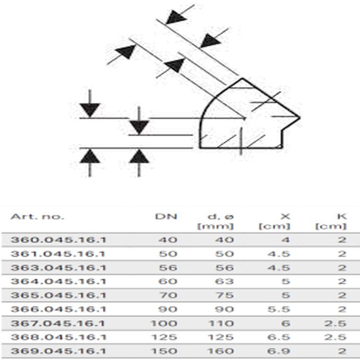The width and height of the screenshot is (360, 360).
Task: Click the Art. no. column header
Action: (37, 216)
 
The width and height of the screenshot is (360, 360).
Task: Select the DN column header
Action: (166, 216)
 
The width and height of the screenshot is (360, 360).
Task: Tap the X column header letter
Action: (285, 216)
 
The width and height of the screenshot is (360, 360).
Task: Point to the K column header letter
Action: (342, 216)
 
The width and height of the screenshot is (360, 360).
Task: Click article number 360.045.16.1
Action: (58, 240)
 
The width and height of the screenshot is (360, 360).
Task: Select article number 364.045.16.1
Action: (58, 281)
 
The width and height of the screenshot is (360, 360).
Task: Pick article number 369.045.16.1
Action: (58, 351)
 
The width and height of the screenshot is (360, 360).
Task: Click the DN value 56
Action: (168, 268)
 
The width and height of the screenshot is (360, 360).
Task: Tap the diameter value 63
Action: (225, 281)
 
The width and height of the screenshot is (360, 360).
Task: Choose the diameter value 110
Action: (221, 324)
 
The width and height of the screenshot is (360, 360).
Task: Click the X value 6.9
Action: (279, 351)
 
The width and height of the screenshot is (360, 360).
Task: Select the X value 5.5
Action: (279, 309)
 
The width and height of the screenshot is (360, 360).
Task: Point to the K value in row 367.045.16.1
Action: (335, 324)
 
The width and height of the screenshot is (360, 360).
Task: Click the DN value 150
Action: (164, 351)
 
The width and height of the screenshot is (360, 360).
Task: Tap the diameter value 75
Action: (225, 295)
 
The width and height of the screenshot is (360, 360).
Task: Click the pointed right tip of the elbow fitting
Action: (300, 117)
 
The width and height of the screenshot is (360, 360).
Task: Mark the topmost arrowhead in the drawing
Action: (176, 17)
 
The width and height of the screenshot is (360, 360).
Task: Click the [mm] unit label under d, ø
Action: (216, 226)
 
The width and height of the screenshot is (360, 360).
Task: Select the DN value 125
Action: (164, 337)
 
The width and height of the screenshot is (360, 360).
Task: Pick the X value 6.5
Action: (279, 337)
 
